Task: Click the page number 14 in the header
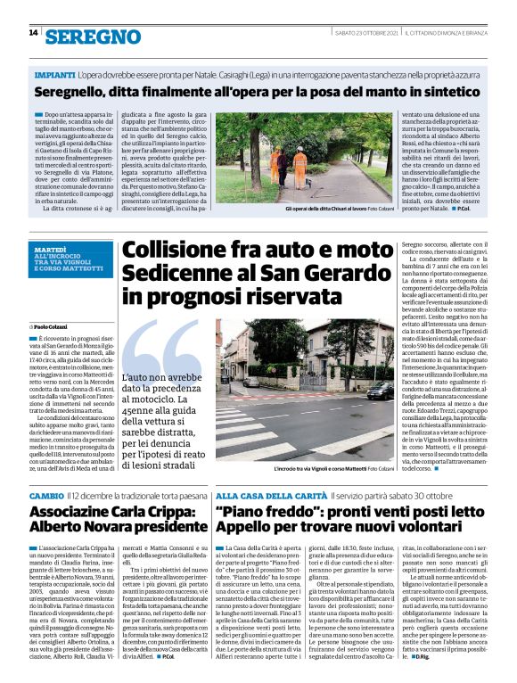33,33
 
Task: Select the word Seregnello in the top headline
80,92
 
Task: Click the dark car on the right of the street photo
373,392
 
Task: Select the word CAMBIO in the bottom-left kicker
46,495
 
